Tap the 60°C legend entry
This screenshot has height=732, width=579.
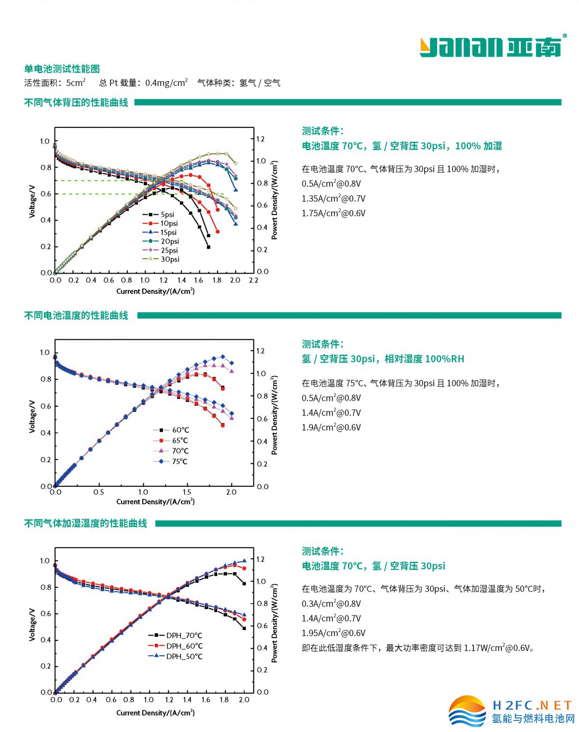180,429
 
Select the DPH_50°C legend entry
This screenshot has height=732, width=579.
184,656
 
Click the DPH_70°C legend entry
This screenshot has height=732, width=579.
184,635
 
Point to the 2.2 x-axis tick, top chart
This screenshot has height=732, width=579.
253,280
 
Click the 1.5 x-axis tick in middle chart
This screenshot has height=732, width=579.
187,492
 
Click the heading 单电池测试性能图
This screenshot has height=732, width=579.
62,69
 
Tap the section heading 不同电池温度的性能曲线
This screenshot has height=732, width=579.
76,316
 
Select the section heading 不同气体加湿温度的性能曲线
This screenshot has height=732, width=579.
85,524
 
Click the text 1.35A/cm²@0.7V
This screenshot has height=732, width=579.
333,198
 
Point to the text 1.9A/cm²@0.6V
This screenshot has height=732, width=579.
331,427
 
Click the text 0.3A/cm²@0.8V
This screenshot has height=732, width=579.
331,603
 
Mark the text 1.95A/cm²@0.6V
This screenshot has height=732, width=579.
333,633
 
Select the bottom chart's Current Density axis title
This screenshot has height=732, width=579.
155,713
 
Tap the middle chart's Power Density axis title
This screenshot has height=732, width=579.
275,415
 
